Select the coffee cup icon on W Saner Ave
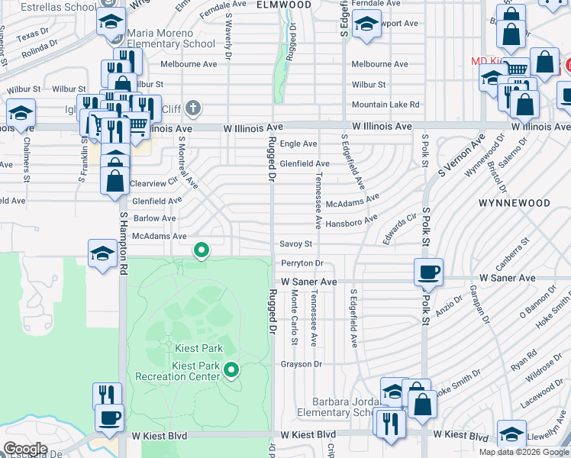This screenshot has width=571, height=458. point(427,272)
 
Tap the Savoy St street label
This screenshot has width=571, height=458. point(296,244)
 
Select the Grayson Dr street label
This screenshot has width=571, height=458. point(302,364)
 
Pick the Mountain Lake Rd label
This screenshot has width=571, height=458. point(386,105)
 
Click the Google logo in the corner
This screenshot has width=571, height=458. point(25,449)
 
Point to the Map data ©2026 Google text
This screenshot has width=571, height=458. point(524,452)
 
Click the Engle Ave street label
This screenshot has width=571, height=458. point(298,144)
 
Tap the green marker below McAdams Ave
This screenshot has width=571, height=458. point(202,249)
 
